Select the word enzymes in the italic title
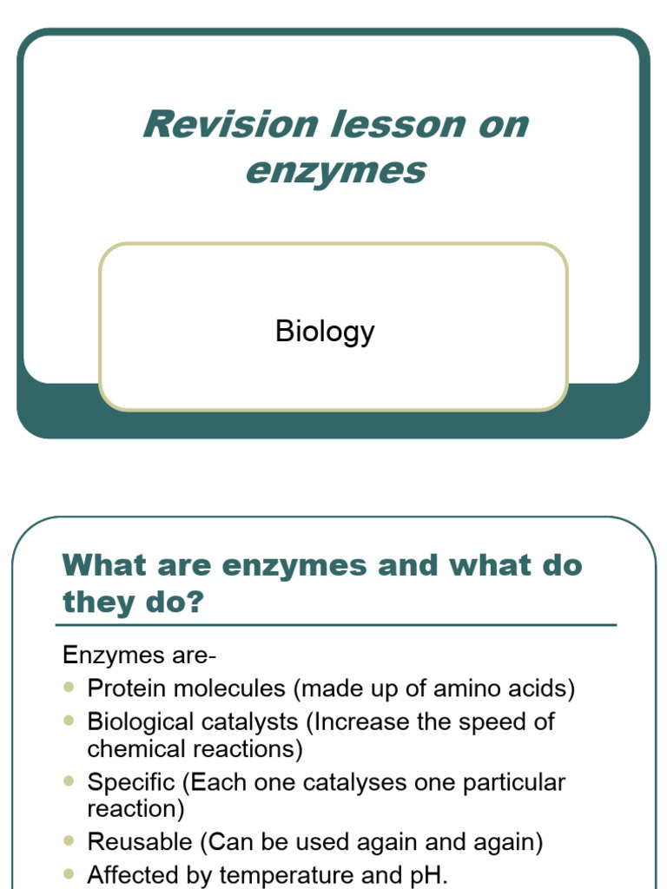pyautogui.click(x=335, y=169)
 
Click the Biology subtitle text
pyautogui.click(x=325, y=331)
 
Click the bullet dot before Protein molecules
pyautogui.click(x=69, y=688)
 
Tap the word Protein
pyautogui.click(x=125, y=688)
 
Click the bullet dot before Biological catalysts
pyautogui.click(x=69, y=721)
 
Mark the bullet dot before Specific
pyautogui.click(x=69, y=781)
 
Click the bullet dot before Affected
pyautogui.click(x=69, y=873)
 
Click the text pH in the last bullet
pyautogui.click(x=431, y=874)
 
